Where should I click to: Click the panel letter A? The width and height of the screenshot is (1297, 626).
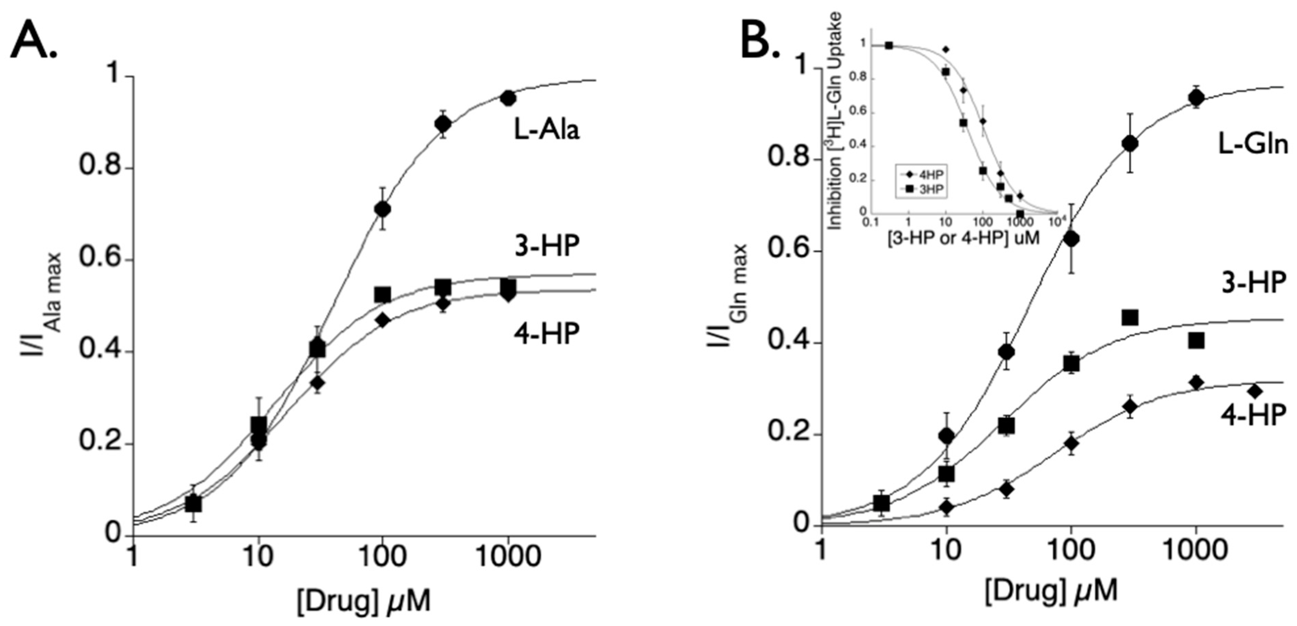33,43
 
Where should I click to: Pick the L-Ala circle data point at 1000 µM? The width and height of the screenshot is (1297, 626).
508,98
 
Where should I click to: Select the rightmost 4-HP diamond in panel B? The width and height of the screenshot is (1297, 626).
1255,391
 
